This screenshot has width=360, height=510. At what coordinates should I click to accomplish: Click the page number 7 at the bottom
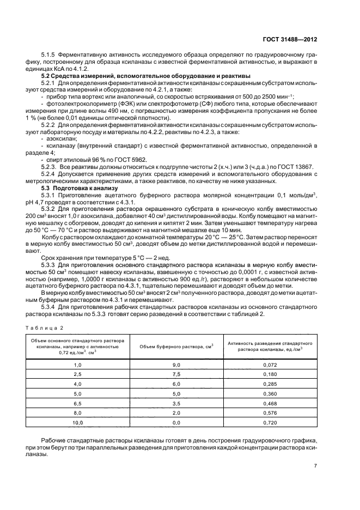(x=315, y=465)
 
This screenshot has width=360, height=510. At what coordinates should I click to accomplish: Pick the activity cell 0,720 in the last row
(x=270, y=422)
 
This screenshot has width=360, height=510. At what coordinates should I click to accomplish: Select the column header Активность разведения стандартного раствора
(x=270, y=347)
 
